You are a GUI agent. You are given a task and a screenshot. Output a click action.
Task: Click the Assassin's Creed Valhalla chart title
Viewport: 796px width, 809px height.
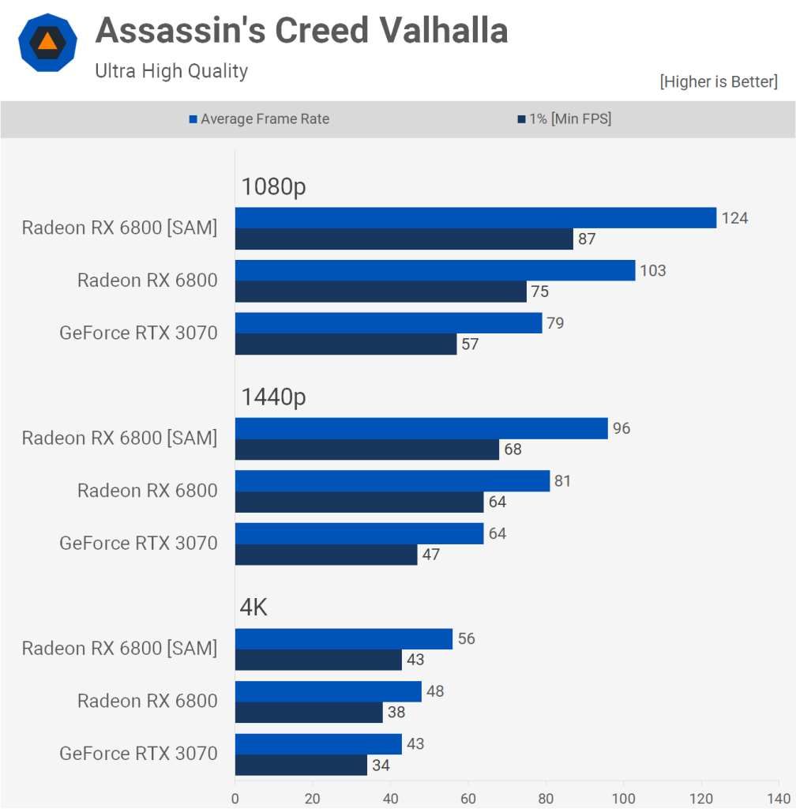(x=301, y=31)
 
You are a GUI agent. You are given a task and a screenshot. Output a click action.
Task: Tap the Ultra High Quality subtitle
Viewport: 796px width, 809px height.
(x=171, y=71)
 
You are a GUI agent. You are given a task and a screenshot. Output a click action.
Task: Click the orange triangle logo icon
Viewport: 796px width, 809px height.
(x=47, y=43)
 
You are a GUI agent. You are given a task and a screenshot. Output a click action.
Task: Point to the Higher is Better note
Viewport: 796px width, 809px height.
(x=719, y=81)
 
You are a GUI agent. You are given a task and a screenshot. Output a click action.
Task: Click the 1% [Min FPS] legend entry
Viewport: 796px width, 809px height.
(x=565, y=119)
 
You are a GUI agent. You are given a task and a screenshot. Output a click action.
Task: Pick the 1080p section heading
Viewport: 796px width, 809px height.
(x=273, y=187)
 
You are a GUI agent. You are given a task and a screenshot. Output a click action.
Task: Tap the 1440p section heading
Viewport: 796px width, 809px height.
(x=273, y=397)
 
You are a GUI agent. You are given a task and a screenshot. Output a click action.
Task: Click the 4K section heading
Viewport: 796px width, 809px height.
(x=254, y=608)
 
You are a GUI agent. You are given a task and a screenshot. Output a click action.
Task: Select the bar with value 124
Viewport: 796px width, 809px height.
(x=475, y=218)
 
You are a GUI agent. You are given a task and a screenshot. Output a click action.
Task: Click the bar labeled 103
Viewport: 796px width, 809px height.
(x=435, y=270)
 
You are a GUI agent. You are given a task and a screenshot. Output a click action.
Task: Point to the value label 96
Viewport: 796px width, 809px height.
(x=621, y=428)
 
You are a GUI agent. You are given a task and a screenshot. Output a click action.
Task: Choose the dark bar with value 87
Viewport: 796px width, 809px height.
(x=404, y=239)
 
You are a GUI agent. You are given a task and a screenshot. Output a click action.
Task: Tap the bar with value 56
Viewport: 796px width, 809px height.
(x=344, y=639)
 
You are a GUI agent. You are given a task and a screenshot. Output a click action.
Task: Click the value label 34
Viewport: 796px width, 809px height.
(x=381, y=765)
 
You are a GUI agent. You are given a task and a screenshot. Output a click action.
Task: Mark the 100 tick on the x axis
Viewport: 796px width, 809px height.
(x=624, y=798)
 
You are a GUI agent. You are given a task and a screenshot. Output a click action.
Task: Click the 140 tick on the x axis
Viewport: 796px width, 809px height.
(x=779, y=798)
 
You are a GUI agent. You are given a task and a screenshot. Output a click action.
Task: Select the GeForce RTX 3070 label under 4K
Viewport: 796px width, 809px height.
(x=138, y=754)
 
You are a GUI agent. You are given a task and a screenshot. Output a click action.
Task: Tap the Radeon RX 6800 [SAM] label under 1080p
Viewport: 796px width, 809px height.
(x=119, y=228)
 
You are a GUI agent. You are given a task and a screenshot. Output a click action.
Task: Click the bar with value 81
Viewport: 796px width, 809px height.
(x=392, y=481)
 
